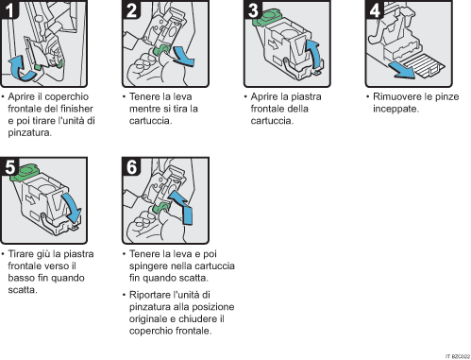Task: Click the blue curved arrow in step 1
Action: tap(20, 67)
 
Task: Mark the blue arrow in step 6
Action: tap(186, 214)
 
